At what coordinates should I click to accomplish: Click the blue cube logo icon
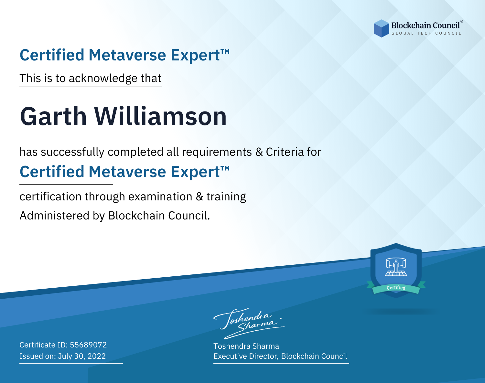click(381, 28)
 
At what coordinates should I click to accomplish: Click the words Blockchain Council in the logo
click(426, 26)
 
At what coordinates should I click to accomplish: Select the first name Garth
click(53, 116)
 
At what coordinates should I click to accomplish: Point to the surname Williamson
click(160, 116)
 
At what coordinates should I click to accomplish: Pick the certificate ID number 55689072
click(88, 345)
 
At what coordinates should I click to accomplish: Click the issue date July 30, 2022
click(82, 356)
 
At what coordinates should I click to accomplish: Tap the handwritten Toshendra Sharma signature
click(249, 323)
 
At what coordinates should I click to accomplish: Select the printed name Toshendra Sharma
click(246, 346)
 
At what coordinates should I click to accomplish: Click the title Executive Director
click(245, 356)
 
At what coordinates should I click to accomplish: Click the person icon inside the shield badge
click(396, 267)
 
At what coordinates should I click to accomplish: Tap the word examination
click(160, 197)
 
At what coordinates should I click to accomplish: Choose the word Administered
click(55, 216)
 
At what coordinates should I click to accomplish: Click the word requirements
click(217, 152)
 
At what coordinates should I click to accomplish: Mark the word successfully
click(72, 152)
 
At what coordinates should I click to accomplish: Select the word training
click(226, 197)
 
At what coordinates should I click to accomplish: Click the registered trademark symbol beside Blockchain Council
click(462, 22)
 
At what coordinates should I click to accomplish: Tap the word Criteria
click(285, 152)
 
